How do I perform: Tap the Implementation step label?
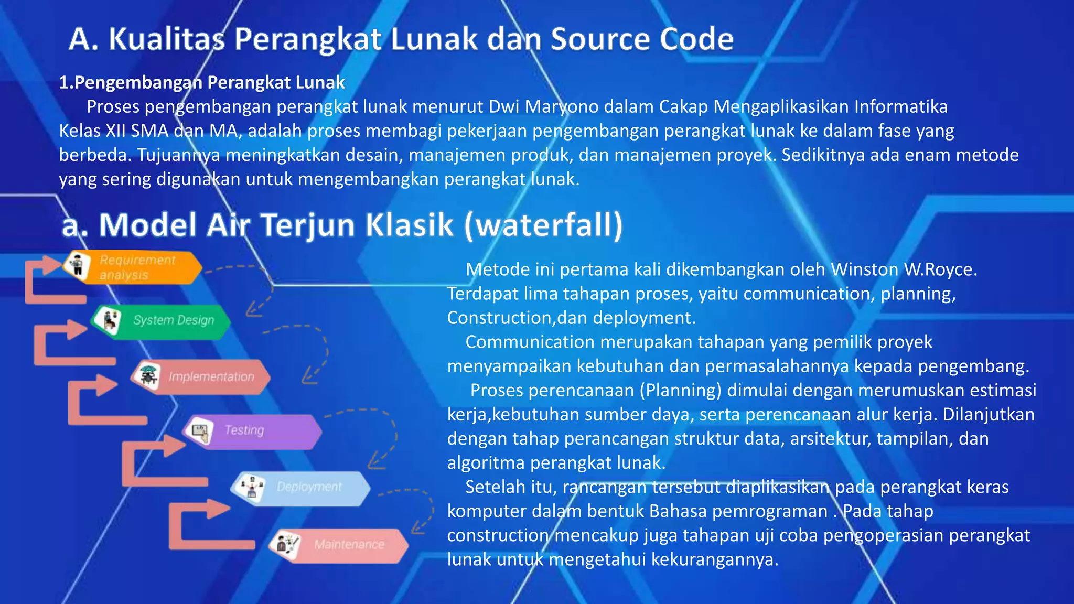tap(211, 376)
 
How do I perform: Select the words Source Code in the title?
tap(642, 39)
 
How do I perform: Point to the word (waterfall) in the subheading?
tap(543, 225)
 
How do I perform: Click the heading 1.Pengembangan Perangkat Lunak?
tap(202, 82)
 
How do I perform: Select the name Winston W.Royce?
tap(904, 269)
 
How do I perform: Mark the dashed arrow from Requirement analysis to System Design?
tap(257, 288)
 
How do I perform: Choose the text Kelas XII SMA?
tap(114, 131)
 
